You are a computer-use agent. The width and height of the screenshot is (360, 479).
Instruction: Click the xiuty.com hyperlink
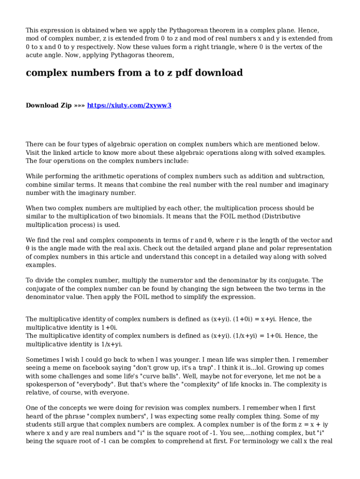point(129,105)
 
